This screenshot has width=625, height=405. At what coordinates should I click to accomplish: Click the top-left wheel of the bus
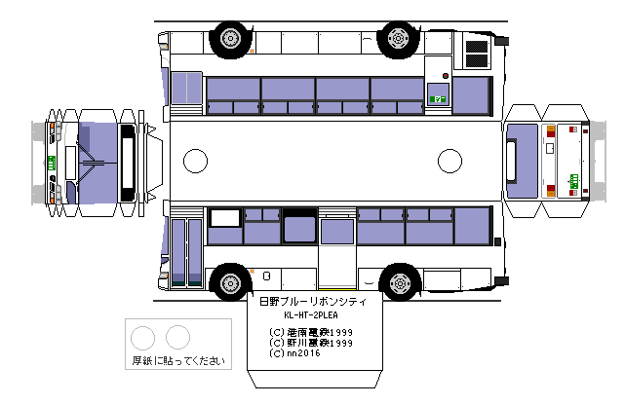[230, 38]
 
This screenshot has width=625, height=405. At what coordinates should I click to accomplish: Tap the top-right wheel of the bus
[397, 38]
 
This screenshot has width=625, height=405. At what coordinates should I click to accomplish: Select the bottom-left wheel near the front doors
[230, 282]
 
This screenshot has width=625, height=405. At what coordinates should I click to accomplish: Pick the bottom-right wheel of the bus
[397, 282]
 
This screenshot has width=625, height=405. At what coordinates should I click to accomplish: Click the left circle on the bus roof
[196, 160]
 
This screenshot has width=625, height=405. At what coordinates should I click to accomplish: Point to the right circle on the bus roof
[449, 160]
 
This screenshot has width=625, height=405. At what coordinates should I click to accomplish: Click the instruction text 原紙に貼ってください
[179, 361]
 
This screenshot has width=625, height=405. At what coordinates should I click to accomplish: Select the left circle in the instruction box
[143, 338]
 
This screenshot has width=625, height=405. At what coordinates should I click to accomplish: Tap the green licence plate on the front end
[51, 161]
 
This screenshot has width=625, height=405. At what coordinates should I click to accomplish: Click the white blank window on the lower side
[225, 218]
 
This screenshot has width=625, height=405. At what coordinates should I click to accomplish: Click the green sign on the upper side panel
[439, 97]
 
